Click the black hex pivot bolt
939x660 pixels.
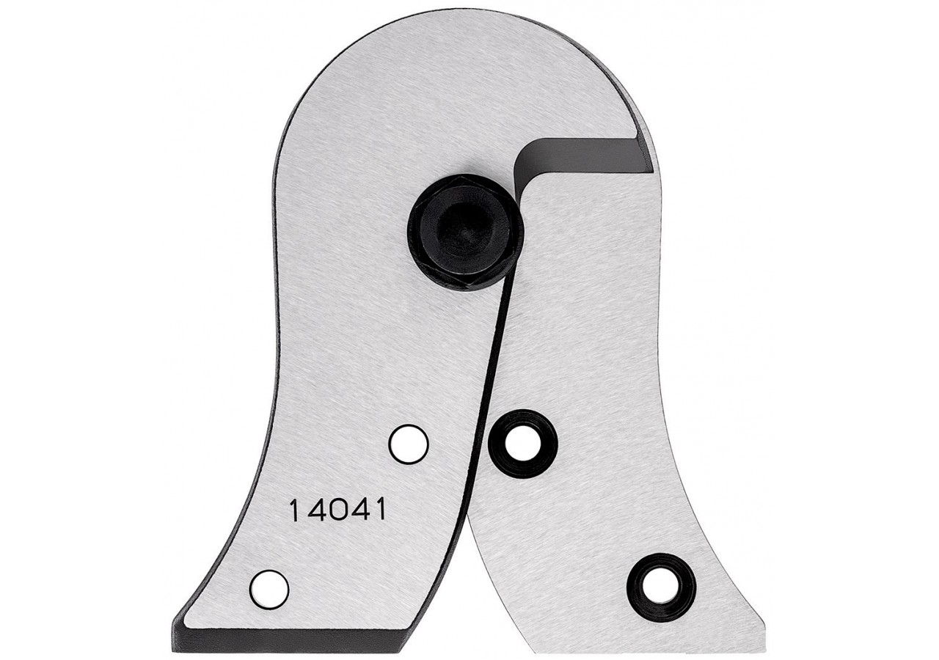click(x=466, y=235)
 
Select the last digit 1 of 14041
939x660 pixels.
click(x=379, y=510)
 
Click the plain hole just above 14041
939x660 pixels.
click(x=409, y=444)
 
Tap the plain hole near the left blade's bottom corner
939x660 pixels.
click(x=269, y=590)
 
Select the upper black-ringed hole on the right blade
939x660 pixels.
click(x=523, y=444)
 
